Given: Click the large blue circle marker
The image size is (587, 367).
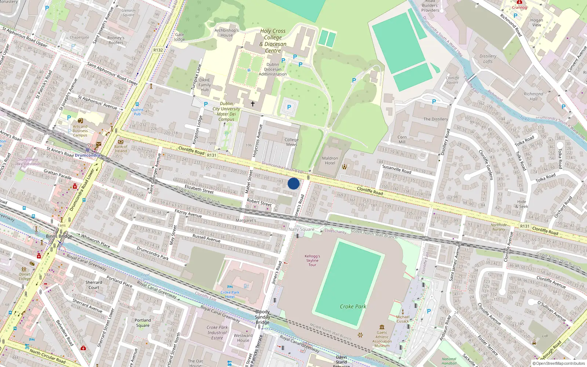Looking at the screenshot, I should pyautogui.click(x=293, y=183).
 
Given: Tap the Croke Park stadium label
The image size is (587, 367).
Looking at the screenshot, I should pyautogui.click(x=353, y=306).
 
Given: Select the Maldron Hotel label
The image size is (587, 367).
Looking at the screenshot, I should pyautogui.click(x=330, y=161).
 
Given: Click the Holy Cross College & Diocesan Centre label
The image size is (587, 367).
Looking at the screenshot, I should pyautogui.click(x=273, y=41).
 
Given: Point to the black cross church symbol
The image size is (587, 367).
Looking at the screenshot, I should pyautogui.click(x=253, y=104).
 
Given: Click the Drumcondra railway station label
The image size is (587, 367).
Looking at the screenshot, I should pyautogui.click(x=87, y=155).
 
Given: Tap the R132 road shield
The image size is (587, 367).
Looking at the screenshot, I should pyautogui.click(x=158, y=50).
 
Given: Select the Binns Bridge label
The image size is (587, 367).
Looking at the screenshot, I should pyautogui.click(x=59, y=236).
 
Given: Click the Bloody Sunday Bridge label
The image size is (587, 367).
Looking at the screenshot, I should pyautogui.click(x=263, y=317).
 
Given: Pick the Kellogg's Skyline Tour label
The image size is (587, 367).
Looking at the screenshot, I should pyautogui.click(x=312, y=260).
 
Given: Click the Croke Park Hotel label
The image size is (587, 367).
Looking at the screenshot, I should pyautogui.click(x=230, y=294).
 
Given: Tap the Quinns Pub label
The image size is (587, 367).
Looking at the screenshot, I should pyautogui.click(x=137, y=112).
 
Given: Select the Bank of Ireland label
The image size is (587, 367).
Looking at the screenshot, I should pyautogui.click(x=121, y=149).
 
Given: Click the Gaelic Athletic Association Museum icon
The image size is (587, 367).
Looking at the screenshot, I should pyautogui.click(x=382, y=327).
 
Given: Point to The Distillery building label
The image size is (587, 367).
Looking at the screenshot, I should pyautogui.click(x=435, y=119).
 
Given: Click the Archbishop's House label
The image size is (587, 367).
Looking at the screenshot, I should pyautogui.click(x=226, y=33).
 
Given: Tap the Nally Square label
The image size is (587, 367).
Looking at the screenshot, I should pyautogui.click(x=301, y=229).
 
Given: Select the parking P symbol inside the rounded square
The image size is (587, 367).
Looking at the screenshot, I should pyautogui.click(x=289, y=107).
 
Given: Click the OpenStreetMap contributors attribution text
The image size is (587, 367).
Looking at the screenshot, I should pyautogui.click(x=559, y=363).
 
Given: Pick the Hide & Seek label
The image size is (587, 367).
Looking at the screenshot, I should pyautogui.click(x=522, y=204).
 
